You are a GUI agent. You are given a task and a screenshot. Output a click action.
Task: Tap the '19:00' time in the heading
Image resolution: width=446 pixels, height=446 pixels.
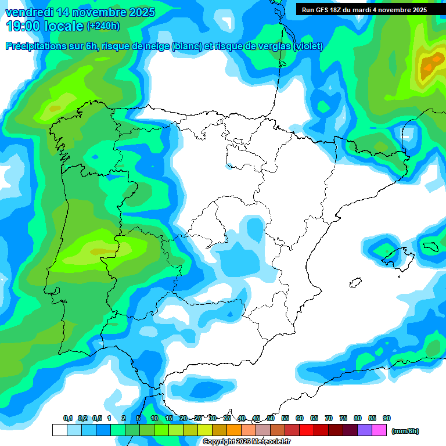24,26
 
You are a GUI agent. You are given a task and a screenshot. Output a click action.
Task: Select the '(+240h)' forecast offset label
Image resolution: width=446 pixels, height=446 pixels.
103,26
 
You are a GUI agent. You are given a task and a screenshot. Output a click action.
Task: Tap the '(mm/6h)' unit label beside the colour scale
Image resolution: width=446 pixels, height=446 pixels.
405,431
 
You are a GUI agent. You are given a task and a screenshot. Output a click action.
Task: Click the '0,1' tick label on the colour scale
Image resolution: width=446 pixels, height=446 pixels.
68,418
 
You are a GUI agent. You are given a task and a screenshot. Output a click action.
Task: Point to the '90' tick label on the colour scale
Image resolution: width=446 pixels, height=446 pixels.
387,418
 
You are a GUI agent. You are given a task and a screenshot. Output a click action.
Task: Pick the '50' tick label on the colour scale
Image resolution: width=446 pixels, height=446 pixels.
271,418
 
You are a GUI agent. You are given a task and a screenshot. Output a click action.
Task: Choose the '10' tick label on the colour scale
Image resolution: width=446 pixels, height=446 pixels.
154,418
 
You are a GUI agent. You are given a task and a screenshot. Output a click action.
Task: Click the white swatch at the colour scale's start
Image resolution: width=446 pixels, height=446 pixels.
59,430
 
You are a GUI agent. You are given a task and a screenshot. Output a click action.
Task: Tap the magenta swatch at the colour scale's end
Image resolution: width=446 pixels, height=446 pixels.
379,430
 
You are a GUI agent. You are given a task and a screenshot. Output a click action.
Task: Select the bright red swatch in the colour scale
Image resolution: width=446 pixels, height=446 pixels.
307,430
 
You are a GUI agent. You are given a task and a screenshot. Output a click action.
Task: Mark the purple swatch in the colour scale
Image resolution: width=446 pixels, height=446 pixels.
365,430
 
